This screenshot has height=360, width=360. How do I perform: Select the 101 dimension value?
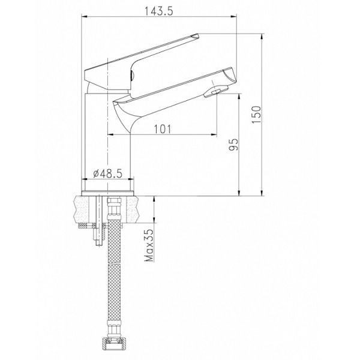[163, 128]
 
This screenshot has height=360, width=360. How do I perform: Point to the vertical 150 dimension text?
[256, 114]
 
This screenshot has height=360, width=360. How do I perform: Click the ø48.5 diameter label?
[109, 173]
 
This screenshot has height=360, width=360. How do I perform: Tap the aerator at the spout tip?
[213, 92]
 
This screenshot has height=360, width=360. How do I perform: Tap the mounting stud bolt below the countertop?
[96, 237]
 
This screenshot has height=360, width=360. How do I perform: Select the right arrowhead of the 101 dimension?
[213, 133]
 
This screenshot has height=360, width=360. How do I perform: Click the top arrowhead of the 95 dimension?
[240, 95]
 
